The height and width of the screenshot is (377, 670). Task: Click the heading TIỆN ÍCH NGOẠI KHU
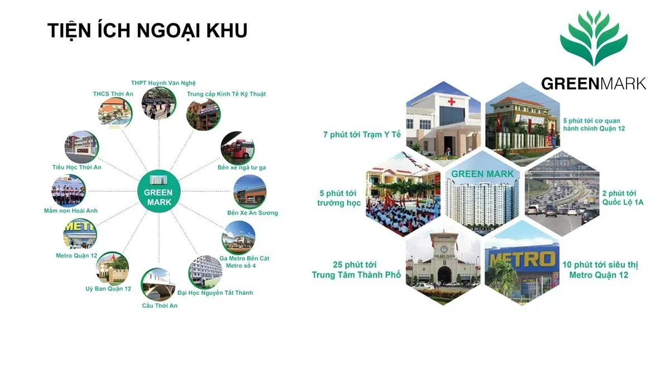point(147,31)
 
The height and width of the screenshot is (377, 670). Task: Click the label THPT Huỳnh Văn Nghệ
point(164,83)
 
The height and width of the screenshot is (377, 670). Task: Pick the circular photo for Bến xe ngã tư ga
point(237,147)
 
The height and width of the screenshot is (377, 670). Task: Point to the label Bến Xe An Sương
point(252,213)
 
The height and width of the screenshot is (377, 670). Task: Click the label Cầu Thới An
point(160,306)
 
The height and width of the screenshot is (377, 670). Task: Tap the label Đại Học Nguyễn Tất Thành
point(215,293)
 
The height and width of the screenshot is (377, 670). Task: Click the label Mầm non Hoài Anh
point(71,211)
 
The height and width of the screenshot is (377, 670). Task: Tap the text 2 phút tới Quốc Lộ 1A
point(623,198)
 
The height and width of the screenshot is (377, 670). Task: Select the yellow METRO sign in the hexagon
point(523,259)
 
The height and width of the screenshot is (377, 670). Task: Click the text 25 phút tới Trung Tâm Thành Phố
point(356,270)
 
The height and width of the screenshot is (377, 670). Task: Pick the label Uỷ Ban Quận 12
point(108,289)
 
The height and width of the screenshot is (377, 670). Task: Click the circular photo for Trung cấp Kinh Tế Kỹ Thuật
point(202,114)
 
